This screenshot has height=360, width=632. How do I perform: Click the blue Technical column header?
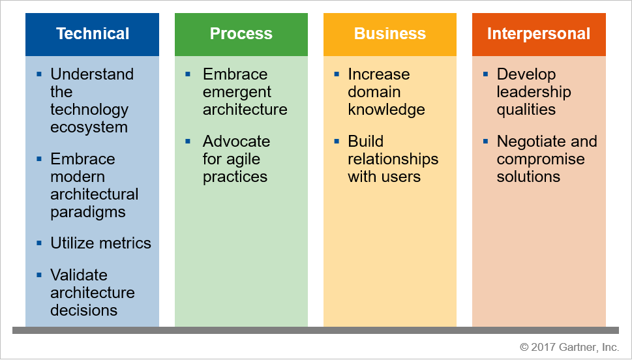[92, 34]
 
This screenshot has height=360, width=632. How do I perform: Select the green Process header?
[241, 34]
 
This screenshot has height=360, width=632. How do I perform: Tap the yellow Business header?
[389, 34]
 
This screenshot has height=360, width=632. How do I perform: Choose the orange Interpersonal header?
[538, 34]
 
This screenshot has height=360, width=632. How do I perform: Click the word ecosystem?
[89, 127]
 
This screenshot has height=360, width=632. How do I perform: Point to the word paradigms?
[88, 212]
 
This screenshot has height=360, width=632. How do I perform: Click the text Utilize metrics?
[100, 243]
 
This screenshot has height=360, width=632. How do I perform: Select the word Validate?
[79, 275]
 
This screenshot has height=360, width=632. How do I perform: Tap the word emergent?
[237, 92]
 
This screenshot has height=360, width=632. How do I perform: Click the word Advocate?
[236, 142]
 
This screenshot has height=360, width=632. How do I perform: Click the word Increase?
[378, 74]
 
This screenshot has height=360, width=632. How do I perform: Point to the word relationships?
[393, 159]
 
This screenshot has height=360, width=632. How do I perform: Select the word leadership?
[534, 92]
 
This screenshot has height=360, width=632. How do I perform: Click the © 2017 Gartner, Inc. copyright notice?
[569, 346]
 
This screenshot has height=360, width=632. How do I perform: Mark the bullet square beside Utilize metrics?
[40, 243]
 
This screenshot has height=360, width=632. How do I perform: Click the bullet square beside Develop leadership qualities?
[486, 74]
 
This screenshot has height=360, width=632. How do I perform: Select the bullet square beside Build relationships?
[337, 141]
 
